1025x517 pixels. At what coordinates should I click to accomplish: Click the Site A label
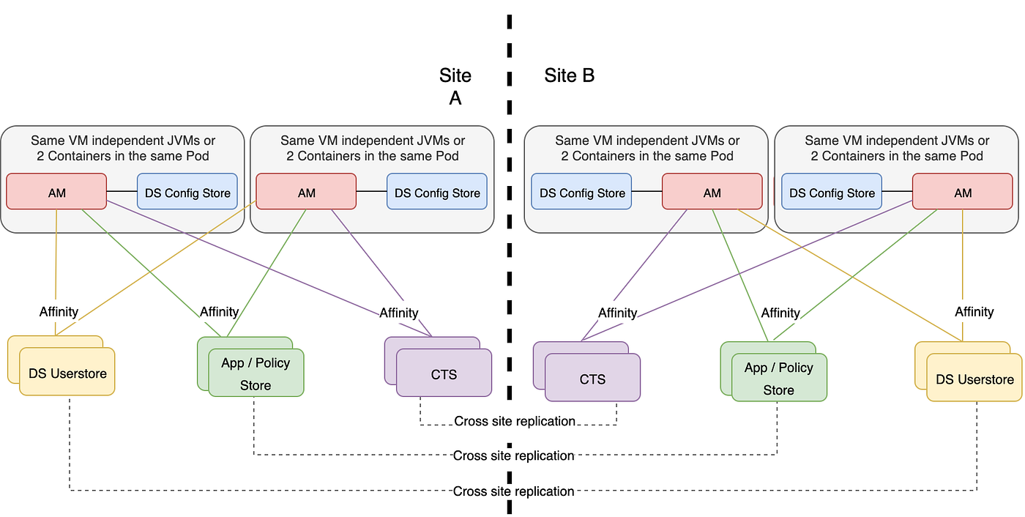coord(455,86)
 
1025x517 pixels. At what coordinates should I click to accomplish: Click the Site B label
coord(569,75)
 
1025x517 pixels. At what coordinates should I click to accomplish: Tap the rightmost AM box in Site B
coord(963,193)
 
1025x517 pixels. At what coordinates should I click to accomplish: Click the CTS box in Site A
coord(444,374)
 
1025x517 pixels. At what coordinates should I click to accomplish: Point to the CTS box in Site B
coord(592,379)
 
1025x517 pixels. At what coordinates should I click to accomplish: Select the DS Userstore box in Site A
coord(67,373)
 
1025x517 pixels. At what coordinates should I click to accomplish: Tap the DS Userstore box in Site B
coord(974,379)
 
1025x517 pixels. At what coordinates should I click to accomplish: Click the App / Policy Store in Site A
coord(256,373)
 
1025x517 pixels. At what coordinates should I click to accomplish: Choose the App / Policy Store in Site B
coord(779,379)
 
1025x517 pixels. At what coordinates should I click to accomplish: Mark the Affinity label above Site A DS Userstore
coord(59,312)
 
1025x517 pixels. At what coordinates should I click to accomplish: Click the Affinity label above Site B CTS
coord(617,313)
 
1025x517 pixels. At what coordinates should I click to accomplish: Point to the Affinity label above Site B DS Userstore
coord(974,312)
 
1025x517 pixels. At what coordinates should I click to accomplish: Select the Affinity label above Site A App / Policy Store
coord(220,312)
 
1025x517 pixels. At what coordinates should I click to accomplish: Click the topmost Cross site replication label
coord(514,421)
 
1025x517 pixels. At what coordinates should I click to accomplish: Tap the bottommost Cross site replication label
coord(513,491)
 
